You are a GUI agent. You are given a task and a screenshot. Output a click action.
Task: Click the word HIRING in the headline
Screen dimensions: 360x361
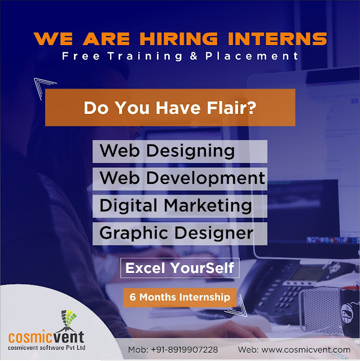(178, 39)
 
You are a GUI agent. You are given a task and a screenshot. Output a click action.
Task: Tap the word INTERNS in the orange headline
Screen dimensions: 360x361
(277, 39)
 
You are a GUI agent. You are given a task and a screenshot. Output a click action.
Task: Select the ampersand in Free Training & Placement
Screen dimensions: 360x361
(194, 56)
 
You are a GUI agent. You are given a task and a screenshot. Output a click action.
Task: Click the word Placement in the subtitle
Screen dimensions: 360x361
(252, 56)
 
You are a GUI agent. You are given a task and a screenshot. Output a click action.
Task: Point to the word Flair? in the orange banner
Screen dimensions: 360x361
(231, 108)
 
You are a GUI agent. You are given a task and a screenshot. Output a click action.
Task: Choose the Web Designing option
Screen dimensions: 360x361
(180, 151)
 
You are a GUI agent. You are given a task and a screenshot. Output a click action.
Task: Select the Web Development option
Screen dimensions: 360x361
(180, 179)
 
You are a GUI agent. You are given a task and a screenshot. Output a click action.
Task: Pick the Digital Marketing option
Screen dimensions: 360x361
(180, 206)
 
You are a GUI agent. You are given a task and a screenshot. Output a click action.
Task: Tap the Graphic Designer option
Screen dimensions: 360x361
(180, 234)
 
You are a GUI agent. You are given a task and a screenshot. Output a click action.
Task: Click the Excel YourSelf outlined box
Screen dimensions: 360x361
(180, 268)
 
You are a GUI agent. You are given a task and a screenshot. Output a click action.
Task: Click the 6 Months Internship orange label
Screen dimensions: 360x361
(180, 297)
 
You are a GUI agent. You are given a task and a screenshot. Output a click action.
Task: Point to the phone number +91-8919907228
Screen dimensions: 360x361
(185, 350)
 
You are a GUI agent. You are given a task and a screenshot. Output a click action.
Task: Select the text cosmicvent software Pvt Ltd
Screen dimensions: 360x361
(47, 347)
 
